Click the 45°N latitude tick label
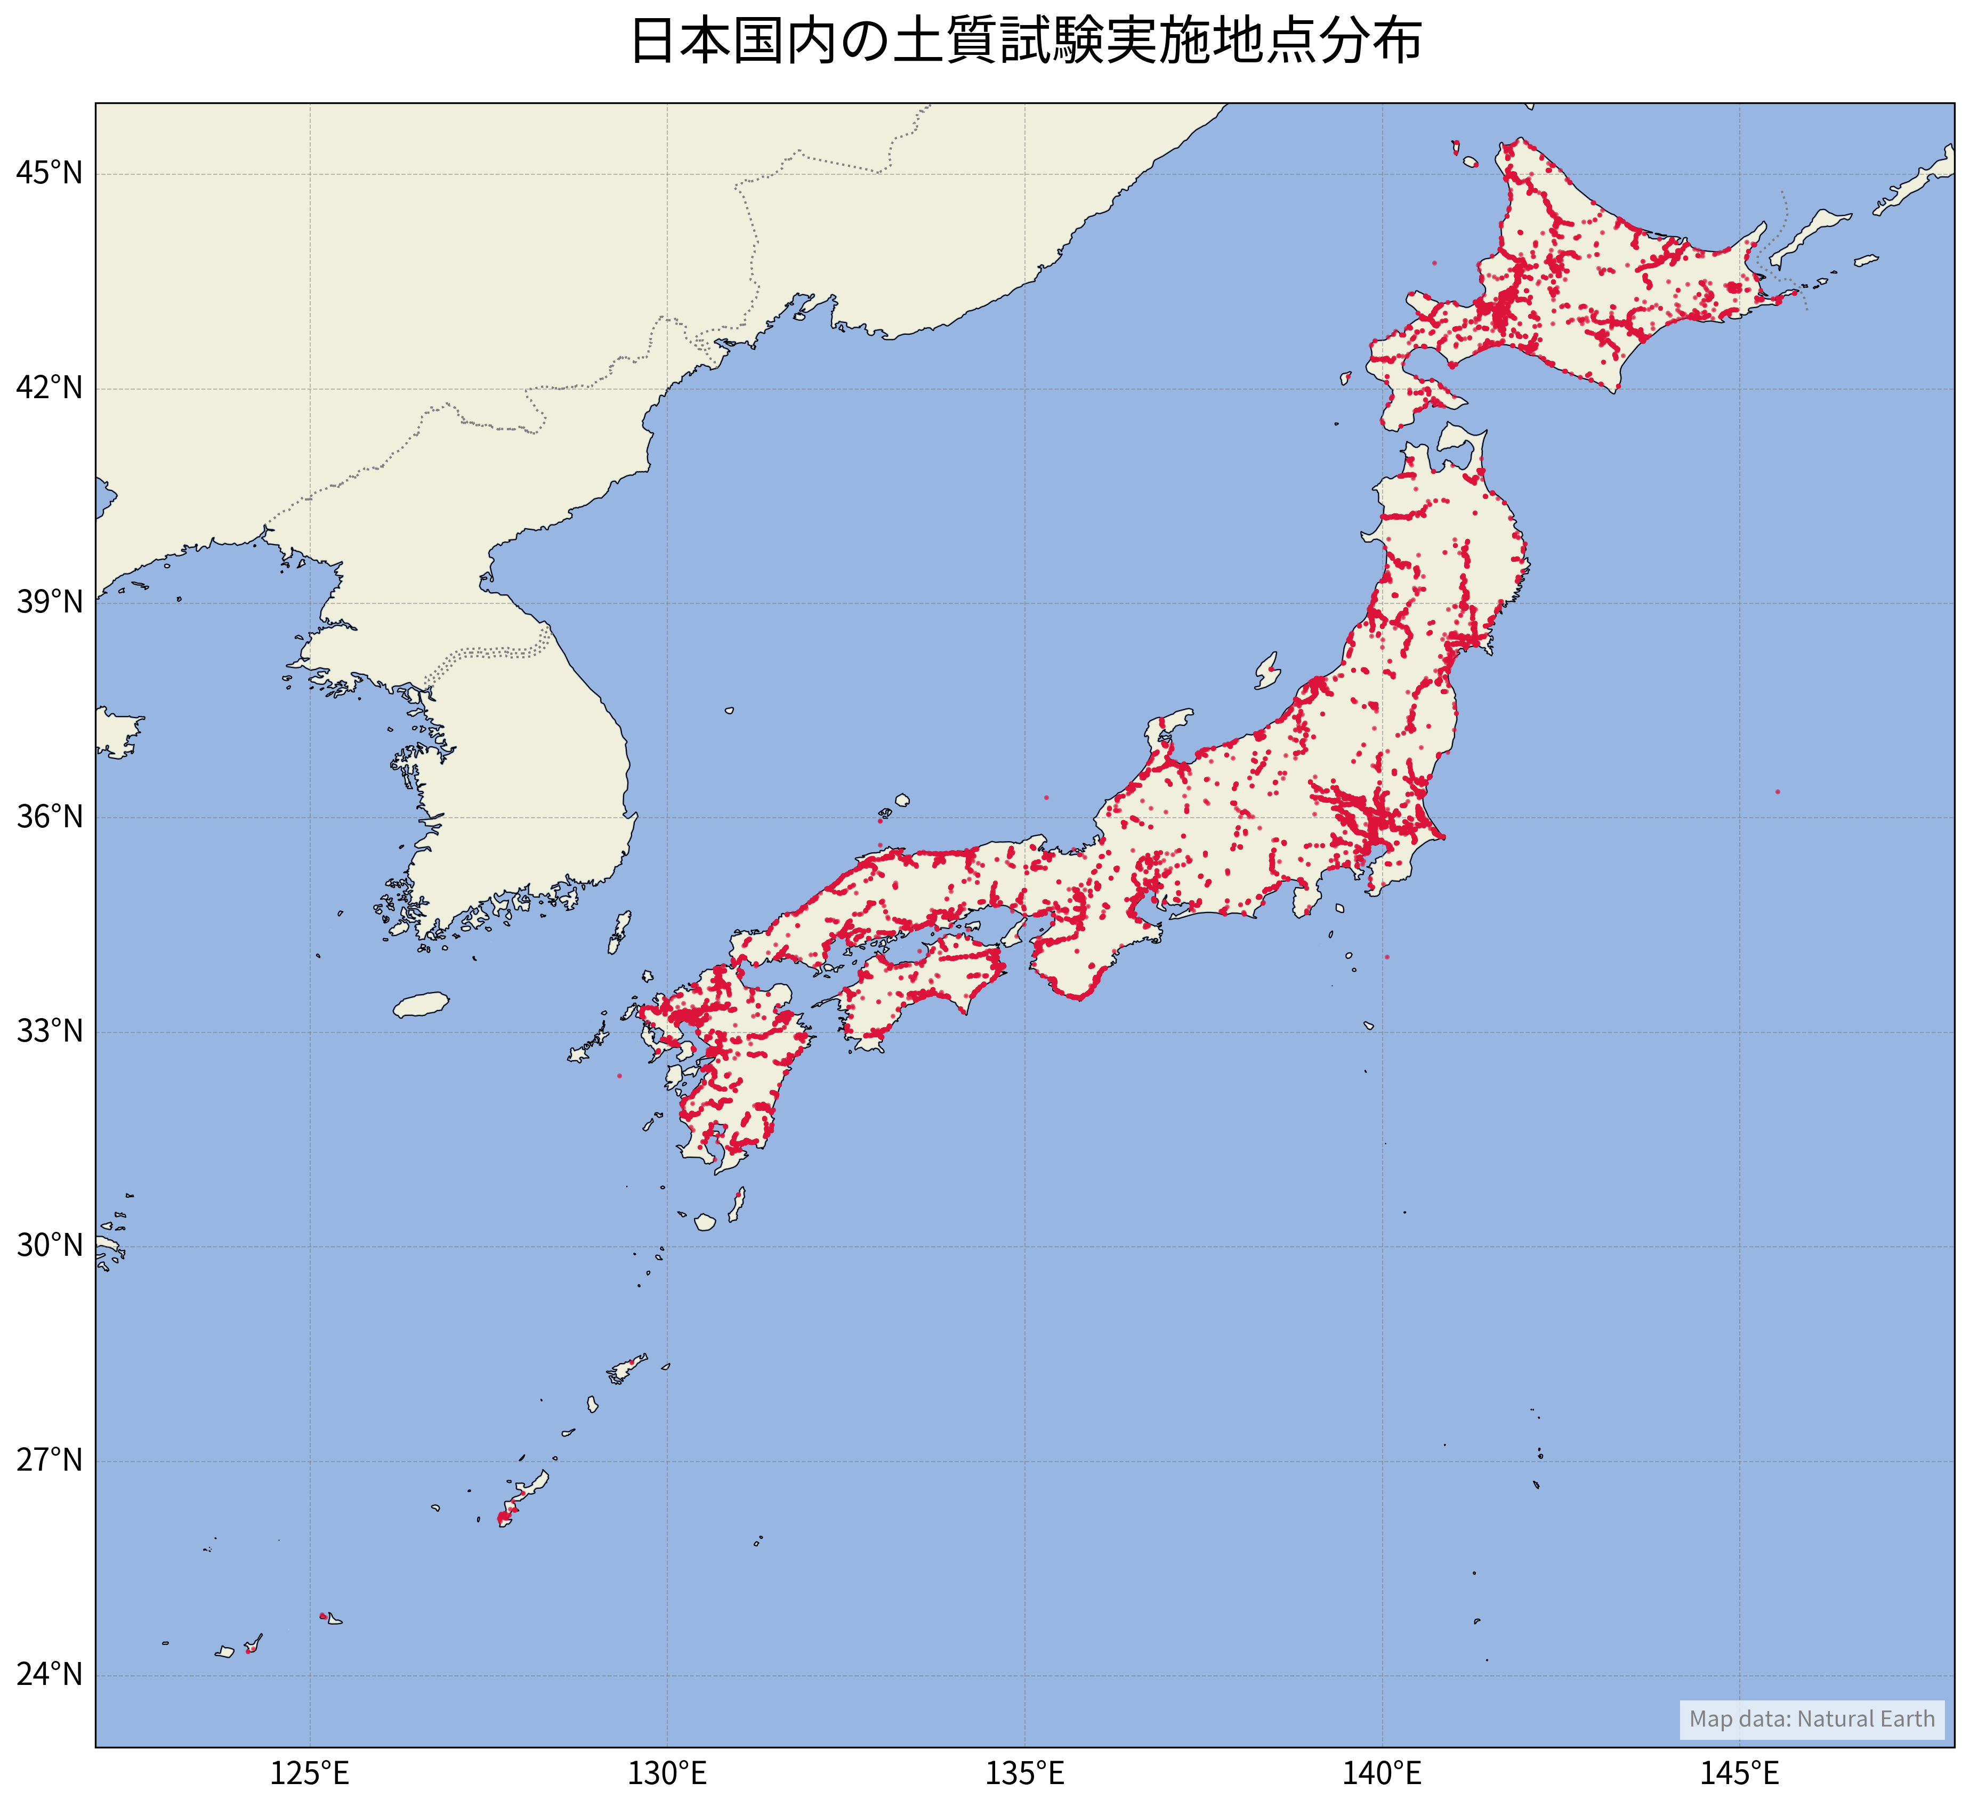pos(49,174)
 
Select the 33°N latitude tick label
pos(49,1031)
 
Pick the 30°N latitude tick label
pos(49,1246)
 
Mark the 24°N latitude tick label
pos(49,1675)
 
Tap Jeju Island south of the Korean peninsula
pos(422,1005)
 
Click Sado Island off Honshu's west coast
pos(1268,671)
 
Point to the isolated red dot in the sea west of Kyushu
pos(619,1076)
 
